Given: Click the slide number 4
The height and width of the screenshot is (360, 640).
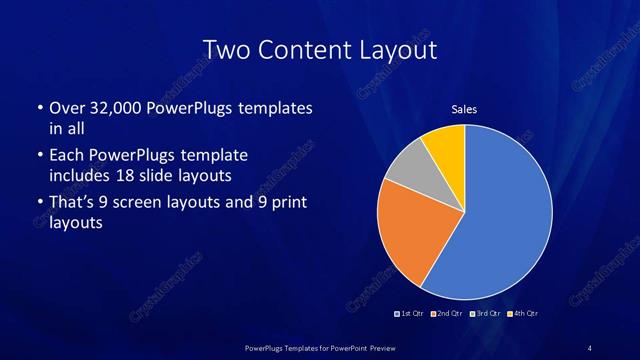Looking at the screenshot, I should tap(590, 347).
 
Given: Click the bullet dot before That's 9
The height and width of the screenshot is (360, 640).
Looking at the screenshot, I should tap(39, 204).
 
